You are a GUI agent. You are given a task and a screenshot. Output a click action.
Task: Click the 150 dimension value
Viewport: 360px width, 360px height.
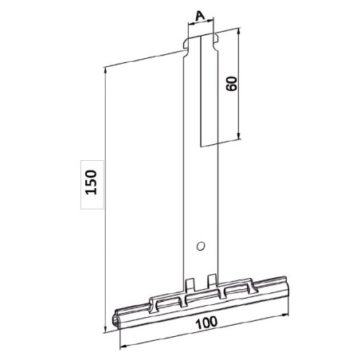pos(92,183)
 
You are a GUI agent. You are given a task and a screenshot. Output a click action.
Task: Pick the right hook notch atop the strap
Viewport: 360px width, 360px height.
pos(215,34)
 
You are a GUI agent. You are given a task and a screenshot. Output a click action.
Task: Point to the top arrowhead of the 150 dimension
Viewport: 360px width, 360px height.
pos(104,70)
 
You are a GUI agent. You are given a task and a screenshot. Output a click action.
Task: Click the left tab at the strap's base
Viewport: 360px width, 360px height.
pos(190,283)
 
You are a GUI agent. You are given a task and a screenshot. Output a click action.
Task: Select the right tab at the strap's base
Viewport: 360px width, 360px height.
pos(212,279)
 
